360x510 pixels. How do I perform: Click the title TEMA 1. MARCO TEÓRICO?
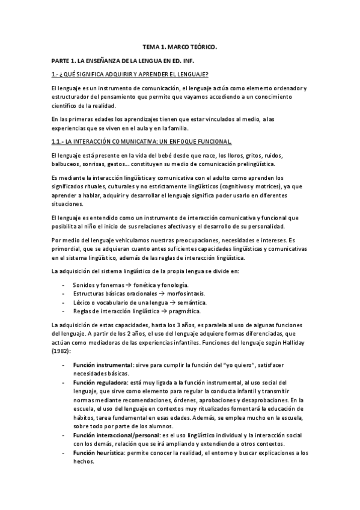click(x=180, y=46)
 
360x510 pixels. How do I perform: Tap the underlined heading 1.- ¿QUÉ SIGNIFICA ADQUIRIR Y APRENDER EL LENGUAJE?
click(x=129, y=74)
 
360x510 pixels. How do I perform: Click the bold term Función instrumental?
click(x=102, y=365)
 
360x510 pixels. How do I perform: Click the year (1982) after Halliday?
click(x=61, y=350)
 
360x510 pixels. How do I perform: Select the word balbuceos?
click(x=67, y=164)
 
